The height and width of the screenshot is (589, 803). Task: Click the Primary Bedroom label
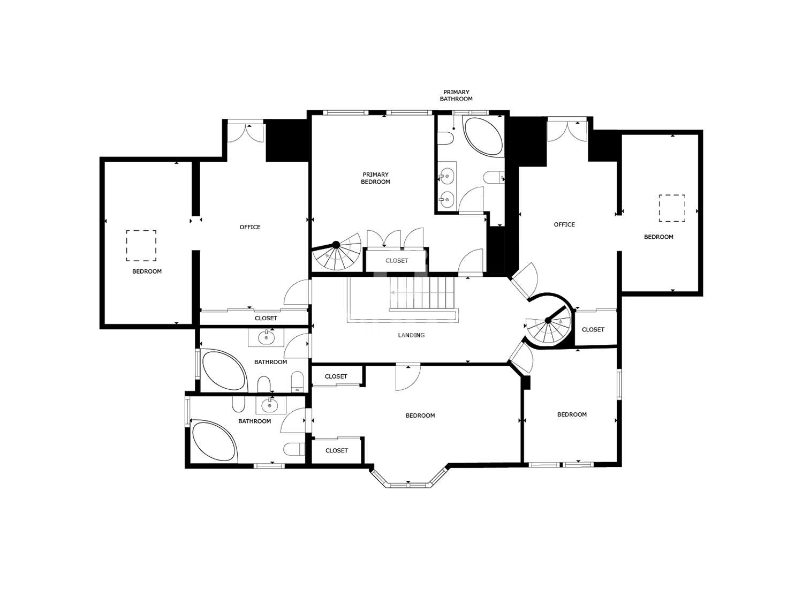pyautogui.click(x=375, y=178)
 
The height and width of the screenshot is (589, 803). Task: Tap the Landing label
pyautogui.click(x=411, y=335)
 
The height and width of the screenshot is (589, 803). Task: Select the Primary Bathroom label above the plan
pyautogui.click(x=456, y=95)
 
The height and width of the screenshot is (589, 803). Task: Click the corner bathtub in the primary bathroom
pyautogui.click(x=483, y=136)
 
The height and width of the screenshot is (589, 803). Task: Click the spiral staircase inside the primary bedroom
pyautogui.click(x=336, y=252)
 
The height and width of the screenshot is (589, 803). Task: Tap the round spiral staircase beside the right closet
pyautogui.click(x=548, y=321)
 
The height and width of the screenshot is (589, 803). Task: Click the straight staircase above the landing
pyautogui.click(x=422, y=292)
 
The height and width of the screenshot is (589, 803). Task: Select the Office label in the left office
pyautogui.click(x=250, y=227)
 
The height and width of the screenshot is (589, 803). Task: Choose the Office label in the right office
pyautogui.click(x=564, y=224)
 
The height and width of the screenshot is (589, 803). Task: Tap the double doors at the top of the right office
pyautogui.click(x=567, y=131)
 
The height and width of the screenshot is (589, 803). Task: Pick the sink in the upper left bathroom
pyautogui.click(x=266, y=337)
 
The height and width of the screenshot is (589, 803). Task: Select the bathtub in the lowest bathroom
pyautogui.click(x=214, y=441)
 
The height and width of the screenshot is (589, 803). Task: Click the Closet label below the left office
pyautogui.click(x=266, y=319)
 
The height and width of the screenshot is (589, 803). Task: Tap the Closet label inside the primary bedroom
pyautogui.click(x=397, y=261)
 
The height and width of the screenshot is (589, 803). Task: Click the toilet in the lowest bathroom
pyautogui.click(x=294, y=449)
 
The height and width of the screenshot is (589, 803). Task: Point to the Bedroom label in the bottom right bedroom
pyautogui.click(x=572, y=414)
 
